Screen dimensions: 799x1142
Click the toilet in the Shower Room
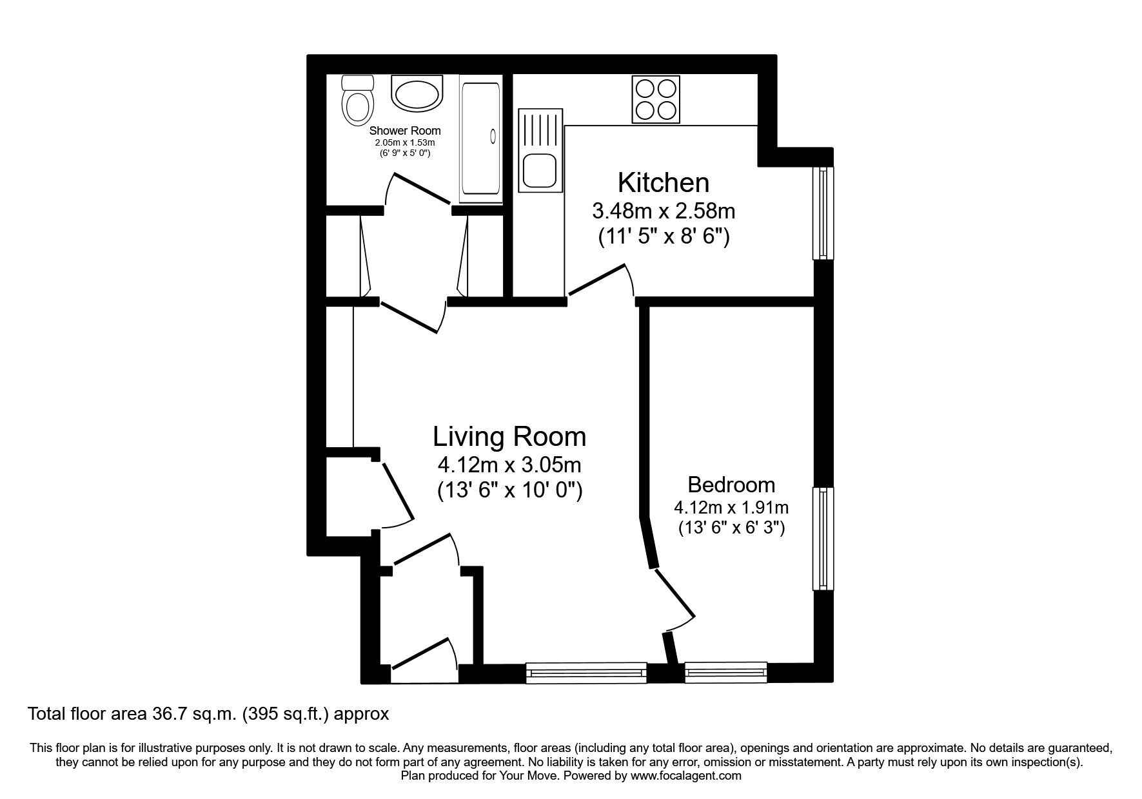[x=357, y=102]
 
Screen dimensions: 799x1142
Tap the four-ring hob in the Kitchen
[x=656, y=100]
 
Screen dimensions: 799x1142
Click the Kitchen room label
[x=663, y=183]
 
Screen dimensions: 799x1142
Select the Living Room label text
[x=509, y=436]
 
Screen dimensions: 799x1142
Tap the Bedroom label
[x=731, y=484]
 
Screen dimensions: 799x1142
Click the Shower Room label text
[x=404, y=131]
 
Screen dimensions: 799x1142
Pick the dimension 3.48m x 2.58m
[x=663, y=211]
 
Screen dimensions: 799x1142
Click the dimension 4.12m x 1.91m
[x=731, y=507]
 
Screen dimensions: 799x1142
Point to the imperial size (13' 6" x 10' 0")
[x=509, y=491]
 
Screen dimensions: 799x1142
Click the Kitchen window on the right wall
[x=823, y=213]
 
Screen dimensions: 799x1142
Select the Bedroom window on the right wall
[x=823, y=538]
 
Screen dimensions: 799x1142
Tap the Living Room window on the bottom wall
[x=586, y=673]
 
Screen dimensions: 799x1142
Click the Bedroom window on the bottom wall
[x=726, y=673]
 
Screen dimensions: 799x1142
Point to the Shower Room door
[x=419, y=188]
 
